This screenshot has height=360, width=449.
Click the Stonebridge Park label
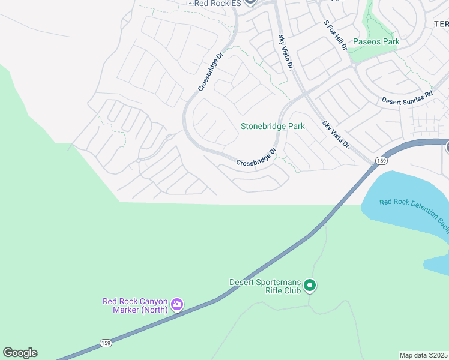pyautogui.click(x=273, y=126)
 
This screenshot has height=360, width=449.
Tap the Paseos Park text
pyautogui.click(x=376, y=42)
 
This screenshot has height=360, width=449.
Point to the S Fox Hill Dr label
pyautogui.click(x=336, y=35)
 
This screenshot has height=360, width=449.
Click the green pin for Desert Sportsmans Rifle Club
pyautogui.click(x=310, y=286)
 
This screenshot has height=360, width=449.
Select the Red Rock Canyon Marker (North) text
pyautogui.click(x=134, y=305)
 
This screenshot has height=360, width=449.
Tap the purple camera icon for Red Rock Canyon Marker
pyautogui.click(x=176, y=305)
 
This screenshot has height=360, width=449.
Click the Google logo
pyautogui.click(x=20, y=353)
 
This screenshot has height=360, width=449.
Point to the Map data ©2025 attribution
pyautogui.click(x=423, y=355)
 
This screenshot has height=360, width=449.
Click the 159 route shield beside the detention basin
pyautogui.click(x=381, y=160)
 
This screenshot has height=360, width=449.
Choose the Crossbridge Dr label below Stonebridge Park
pyautogui.click(x=256, y=157)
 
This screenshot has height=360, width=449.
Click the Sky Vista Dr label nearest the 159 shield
pyautogui.click(x=336, y=134)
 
